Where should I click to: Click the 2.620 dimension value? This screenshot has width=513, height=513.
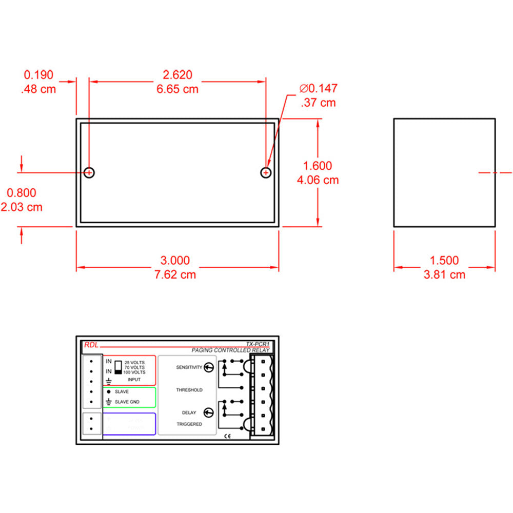pos(177,75)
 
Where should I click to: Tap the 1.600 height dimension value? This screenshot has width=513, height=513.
pos(318,166)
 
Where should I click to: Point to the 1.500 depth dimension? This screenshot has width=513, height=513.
pos(444,261)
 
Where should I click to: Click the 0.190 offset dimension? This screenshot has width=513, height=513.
pos(37,75)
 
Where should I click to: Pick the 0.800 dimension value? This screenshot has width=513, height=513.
pos(21,193)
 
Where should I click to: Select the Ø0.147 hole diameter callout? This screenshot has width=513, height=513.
pos(319,89)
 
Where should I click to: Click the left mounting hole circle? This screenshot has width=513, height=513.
pos(89,172)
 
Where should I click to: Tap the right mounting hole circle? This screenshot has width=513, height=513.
pos(266,172)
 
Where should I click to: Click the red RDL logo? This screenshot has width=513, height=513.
pos(90,345)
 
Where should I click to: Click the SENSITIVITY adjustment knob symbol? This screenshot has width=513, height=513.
pos(209,367)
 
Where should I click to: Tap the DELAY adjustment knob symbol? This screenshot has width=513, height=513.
pos(209,412)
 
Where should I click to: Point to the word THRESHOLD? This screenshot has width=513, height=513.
pos(189,390)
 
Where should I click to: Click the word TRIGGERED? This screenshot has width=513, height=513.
pos(189,424)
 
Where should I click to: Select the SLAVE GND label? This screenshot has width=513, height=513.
pos(126,402)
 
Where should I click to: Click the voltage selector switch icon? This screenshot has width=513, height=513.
pos(117,366)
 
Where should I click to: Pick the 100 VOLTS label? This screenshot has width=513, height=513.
pos(134,372)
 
